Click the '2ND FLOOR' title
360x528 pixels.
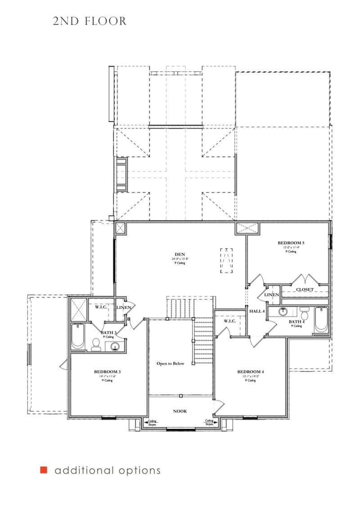coord(90,21)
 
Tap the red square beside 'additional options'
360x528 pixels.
coord(44,470)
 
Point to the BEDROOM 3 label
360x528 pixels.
coord(107,371)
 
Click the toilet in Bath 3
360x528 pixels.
coord(96,345)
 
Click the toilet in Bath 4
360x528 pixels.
coord(304,312)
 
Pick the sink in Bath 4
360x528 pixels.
coord(283,311)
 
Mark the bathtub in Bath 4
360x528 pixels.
coord(321,320)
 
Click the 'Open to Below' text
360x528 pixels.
coord(170,363)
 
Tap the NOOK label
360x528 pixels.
coord(180,411)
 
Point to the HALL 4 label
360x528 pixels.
coord(257,311)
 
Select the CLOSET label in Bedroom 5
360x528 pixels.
coord(305,290)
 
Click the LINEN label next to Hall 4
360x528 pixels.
coord(272,295)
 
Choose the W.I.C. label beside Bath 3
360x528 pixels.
coord(100,308)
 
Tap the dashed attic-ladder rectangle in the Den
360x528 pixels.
coord(227,260)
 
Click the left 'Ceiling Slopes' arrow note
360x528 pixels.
coord(152,422)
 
